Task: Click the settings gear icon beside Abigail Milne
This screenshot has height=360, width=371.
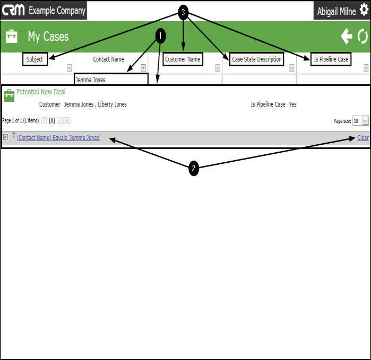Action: [364, 10]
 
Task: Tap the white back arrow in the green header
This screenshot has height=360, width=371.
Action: [347, 36]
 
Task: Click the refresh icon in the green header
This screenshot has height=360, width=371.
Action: [363, 36]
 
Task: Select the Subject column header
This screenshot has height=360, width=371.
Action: [35, 59]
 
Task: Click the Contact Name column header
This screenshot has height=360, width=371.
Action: [108, 59]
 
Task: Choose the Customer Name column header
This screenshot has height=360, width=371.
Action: [183, 59]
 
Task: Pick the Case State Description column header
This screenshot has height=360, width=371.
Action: [257, 59]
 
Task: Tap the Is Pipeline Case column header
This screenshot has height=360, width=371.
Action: [331, 59]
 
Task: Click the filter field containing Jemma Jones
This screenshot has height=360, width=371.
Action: [111, 80]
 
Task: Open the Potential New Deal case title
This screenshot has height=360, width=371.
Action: [41, 92]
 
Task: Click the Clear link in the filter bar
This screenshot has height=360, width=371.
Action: [363, 138]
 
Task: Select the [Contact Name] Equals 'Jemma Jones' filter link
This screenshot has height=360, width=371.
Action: [58, 138]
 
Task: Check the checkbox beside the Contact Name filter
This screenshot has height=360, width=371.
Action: [5, 137]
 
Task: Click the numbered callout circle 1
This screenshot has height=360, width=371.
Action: [160, 36]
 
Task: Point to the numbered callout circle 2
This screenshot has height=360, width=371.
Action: [194, 169]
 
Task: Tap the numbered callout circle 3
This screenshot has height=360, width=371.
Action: [183, 13]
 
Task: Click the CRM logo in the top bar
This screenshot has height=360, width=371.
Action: [13, 10]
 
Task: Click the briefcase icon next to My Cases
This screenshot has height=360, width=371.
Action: [11, 36]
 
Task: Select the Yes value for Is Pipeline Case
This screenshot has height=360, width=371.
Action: [293, 104]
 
